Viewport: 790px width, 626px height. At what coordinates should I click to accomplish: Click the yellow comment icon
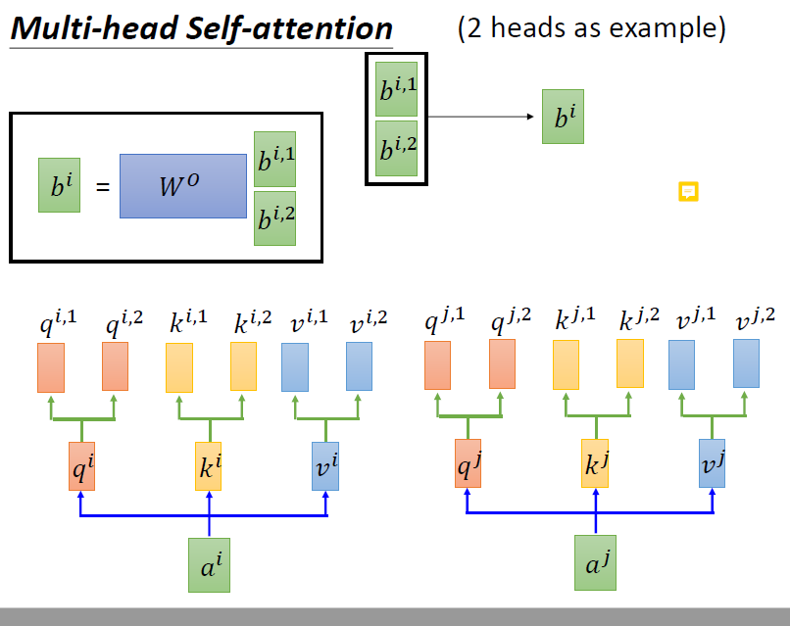tap(688, 191)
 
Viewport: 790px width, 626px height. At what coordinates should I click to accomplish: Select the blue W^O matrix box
tap(183, 186)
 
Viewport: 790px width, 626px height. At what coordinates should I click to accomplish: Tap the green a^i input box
tap(209, 564)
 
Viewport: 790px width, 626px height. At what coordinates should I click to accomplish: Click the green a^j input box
tap(595, 562)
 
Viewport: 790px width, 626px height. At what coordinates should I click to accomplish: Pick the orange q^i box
tap(81, 466)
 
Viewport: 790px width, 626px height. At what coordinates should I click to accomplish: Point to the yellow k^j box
tap(595, 463)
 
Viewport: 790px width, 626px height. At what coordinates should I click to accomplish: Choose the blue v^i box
tap(325, 466)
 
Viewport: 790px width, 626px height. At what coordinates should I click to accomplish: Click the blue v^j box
tap(713, 463)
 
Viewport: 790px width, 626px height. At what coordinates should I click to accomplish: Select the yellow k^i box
tap(209, 466)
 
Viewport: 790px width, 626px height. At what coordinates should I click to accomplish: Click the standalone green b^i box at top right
tap(564, 118)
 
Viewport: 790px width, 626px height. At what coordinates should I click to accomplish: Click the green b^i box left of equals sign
tap(59, 185)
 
